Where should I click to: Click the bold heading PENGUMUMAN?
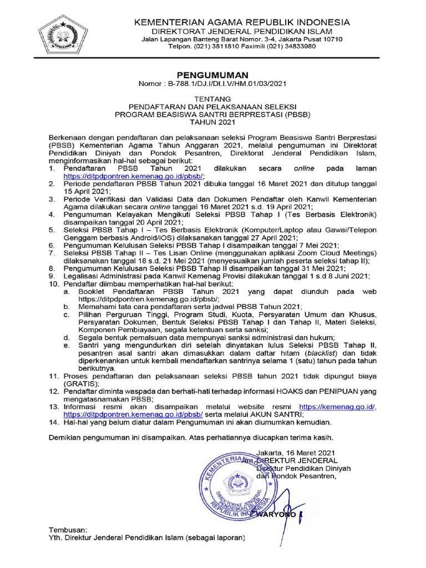point(212,75)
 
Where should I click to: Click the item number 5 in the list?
point(52,230)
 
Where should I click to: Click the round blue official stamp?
point(238,482)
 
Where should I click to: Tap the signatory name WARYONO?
point(277,515)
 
